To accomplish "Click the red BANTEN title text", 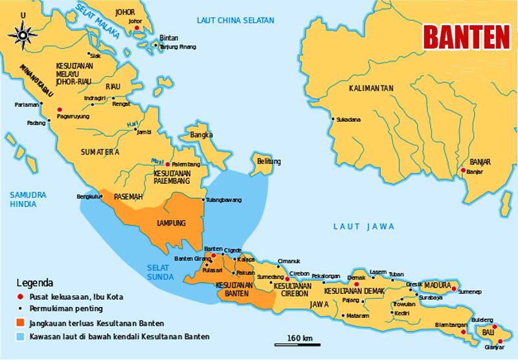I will pos(466,38).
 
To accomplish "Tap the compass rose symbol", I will pos(24,32).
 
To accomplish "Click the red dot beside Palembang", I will pos(167,164).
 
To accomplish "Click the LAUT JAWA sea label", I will pos(363,226).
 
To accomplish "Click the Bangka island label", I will pos(201,135).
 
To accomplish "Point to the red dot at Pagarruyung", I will pos(60,109).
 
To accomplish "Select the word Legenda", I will pos(34,283).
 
